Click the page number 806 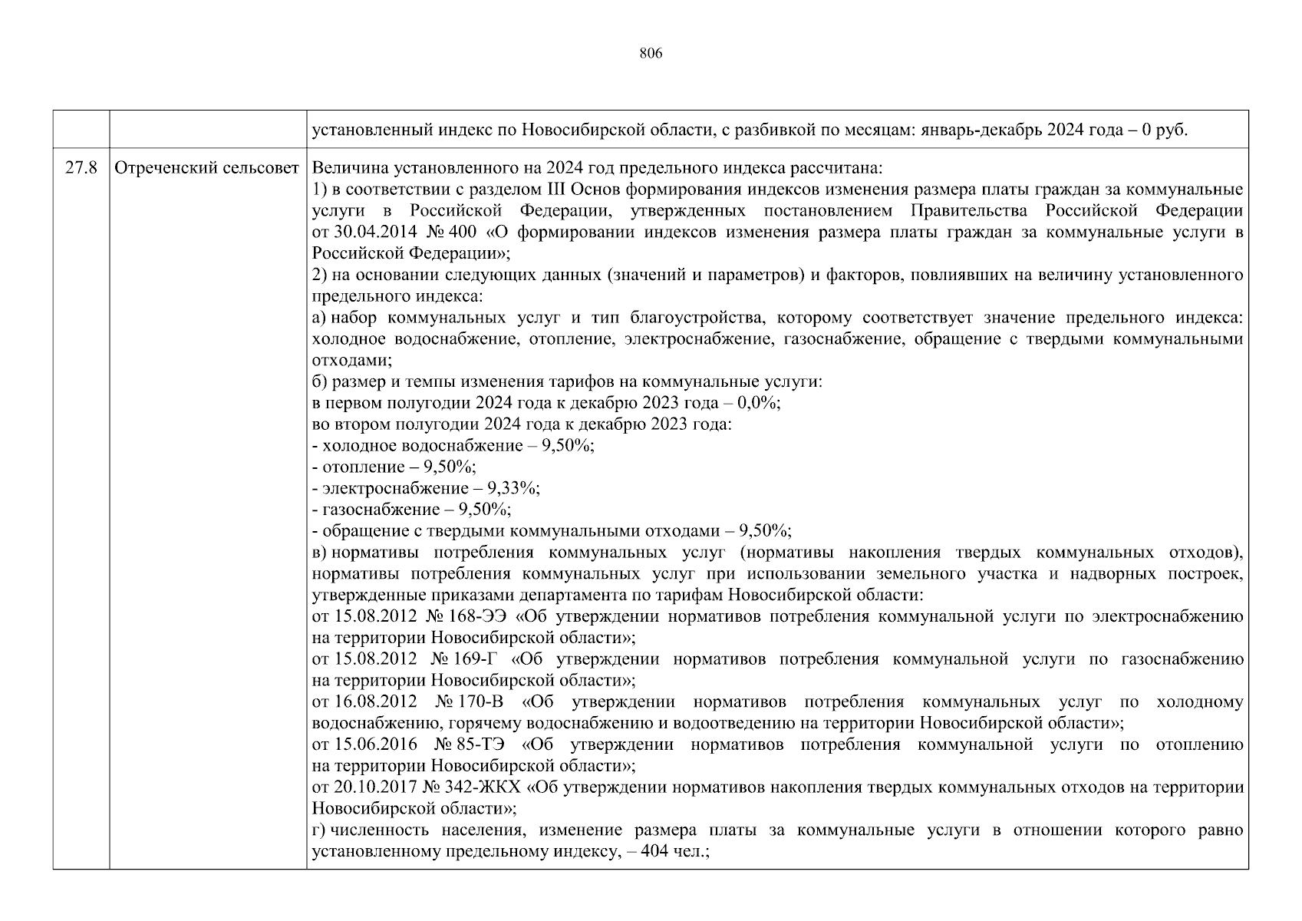(650, 54)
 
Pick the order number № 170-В (468, 702)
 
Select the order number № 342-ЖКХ (476, 787)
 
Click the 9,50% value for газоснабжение (484, 510)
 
